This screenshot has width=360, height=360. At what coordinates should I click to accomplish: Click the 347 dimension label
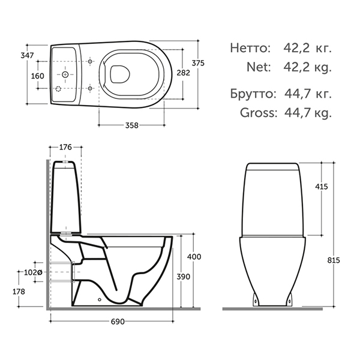point(27,55)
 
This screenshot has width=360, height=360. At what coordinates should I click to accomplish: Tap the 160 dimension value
point(38,76)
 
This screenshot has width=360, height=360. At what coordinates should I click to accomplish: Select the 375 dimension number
point(198,63)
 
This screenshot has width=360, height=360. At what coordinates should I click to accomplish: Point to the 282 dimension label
point(184,73)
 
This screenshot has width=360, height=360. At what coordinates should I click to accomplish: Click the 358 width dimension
point(132,125)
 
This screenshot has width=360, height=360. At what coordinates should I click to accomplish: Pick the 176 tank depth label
point(65,147)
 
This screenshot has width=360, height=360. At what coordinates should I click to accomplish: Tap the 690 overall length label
point(118,322)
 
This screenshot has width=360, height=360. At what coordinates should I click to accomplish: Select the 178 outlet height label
point(19,292)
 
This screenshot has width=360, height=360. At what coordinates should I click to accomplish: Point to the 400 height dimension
point(194,256)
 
